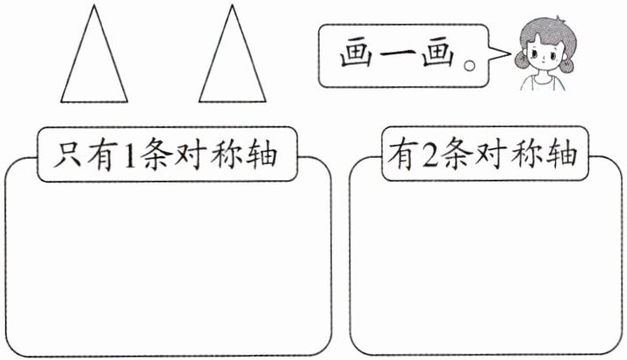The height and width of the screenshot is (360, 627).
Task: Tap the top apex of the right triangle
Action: tap(232, 6)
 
